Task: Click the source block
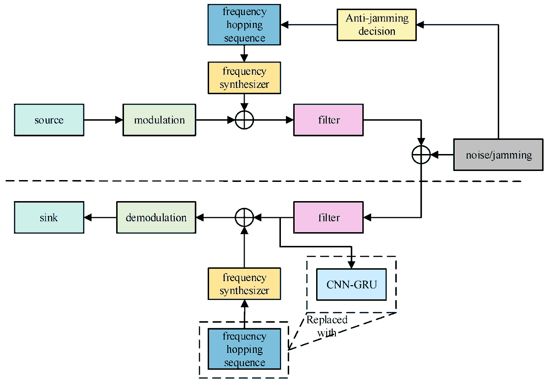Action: point(49,120)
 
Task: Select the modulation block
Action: point(159,120)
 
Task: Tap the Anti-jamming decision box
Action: point(377,25)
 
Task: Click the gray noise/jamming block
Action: point(499,155)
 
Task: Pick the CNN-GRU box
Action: point(351,284)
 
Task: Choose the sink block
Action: point(49,218)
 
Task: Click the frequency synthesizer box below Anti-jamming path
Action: point(244,78)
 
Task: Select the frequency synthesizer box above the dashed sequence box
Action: point(244,284)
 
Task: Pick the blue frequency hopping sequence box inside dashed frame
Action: point(244,349)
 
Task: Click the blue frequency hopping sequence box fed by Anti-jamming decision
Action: point(244,25)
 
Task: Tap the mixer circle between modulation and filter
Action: point(244,120)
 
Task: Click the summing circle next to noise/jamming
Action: point(421,154)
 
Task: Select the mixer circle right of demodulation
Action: point(244,218)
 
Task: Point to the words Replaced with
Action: point(327,326)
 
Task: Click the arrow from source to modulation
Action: point(103,120)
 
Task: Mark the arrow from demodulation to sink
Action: point(100,218)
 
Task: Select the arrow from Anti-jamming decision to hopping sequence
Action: point(308,25)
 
